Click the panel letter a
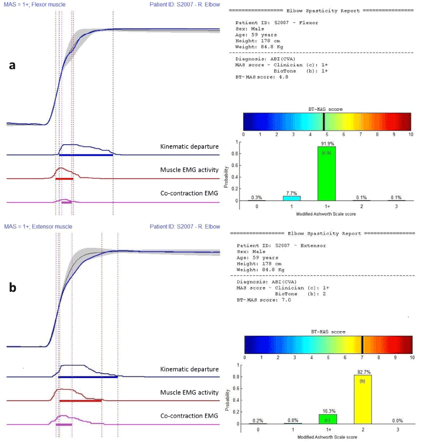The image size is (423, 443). point(11,66)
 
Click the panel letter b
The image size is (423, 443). point(11,288)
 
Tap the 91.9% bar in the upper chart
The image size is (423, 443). point(326,173)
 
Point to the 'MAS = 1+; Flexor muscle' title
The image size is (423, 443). point(35,4)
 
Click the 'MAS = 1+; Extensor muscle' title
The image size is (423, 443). point(38,226)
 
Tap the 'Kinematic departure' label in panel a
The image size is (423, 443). point(190,145)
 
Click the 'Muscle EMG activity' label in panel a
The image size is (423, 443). point(189,169)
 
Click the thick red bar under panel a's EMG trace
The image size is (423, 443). point(64,178)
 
